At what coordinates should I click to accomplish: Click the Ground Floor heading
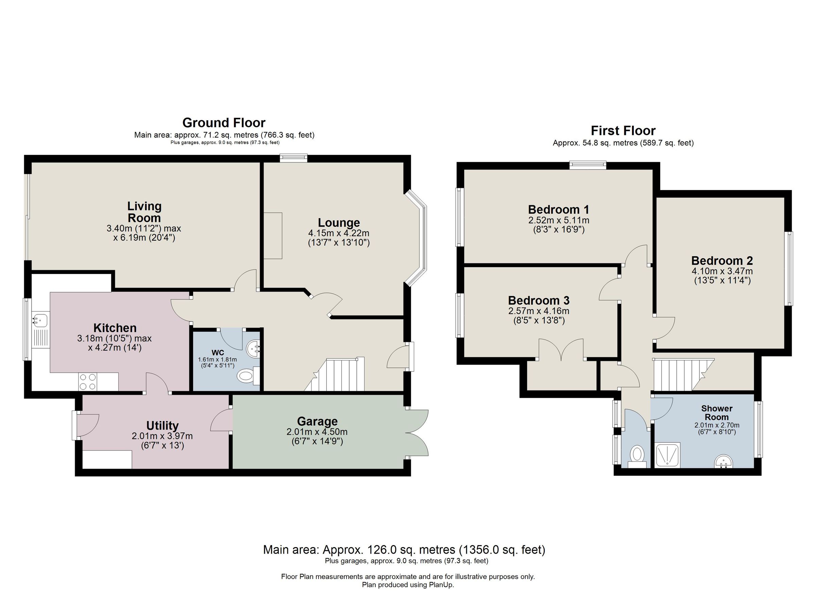[x=224, y=123]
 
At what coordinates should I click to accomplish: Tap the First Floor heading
[x=623, y=130]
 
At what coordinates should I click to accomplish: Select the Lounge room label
[x=339, y=223]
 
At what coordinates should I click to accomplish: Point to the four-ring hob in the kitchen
[x=88, y=382]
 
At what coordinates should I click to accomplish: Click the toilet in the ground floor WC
[x=246, y=376]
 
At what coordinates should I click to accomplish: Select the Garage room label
[x=317, y=421]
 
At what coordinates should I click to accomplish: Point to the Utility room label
[x=162, y=426]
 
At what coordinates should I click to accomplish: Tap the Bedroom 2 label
[x=722, y=260]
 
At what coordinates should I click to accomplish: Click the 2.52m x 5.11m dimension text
[x=558, y=220]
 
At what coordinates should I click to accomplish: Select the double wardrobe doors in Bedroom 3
[x=561, y=349]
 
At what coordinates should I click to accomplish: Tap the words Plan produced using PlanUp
[x=408, y=585]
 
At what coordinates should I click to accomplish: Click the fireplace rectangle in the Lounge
[x=273, y=236]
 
